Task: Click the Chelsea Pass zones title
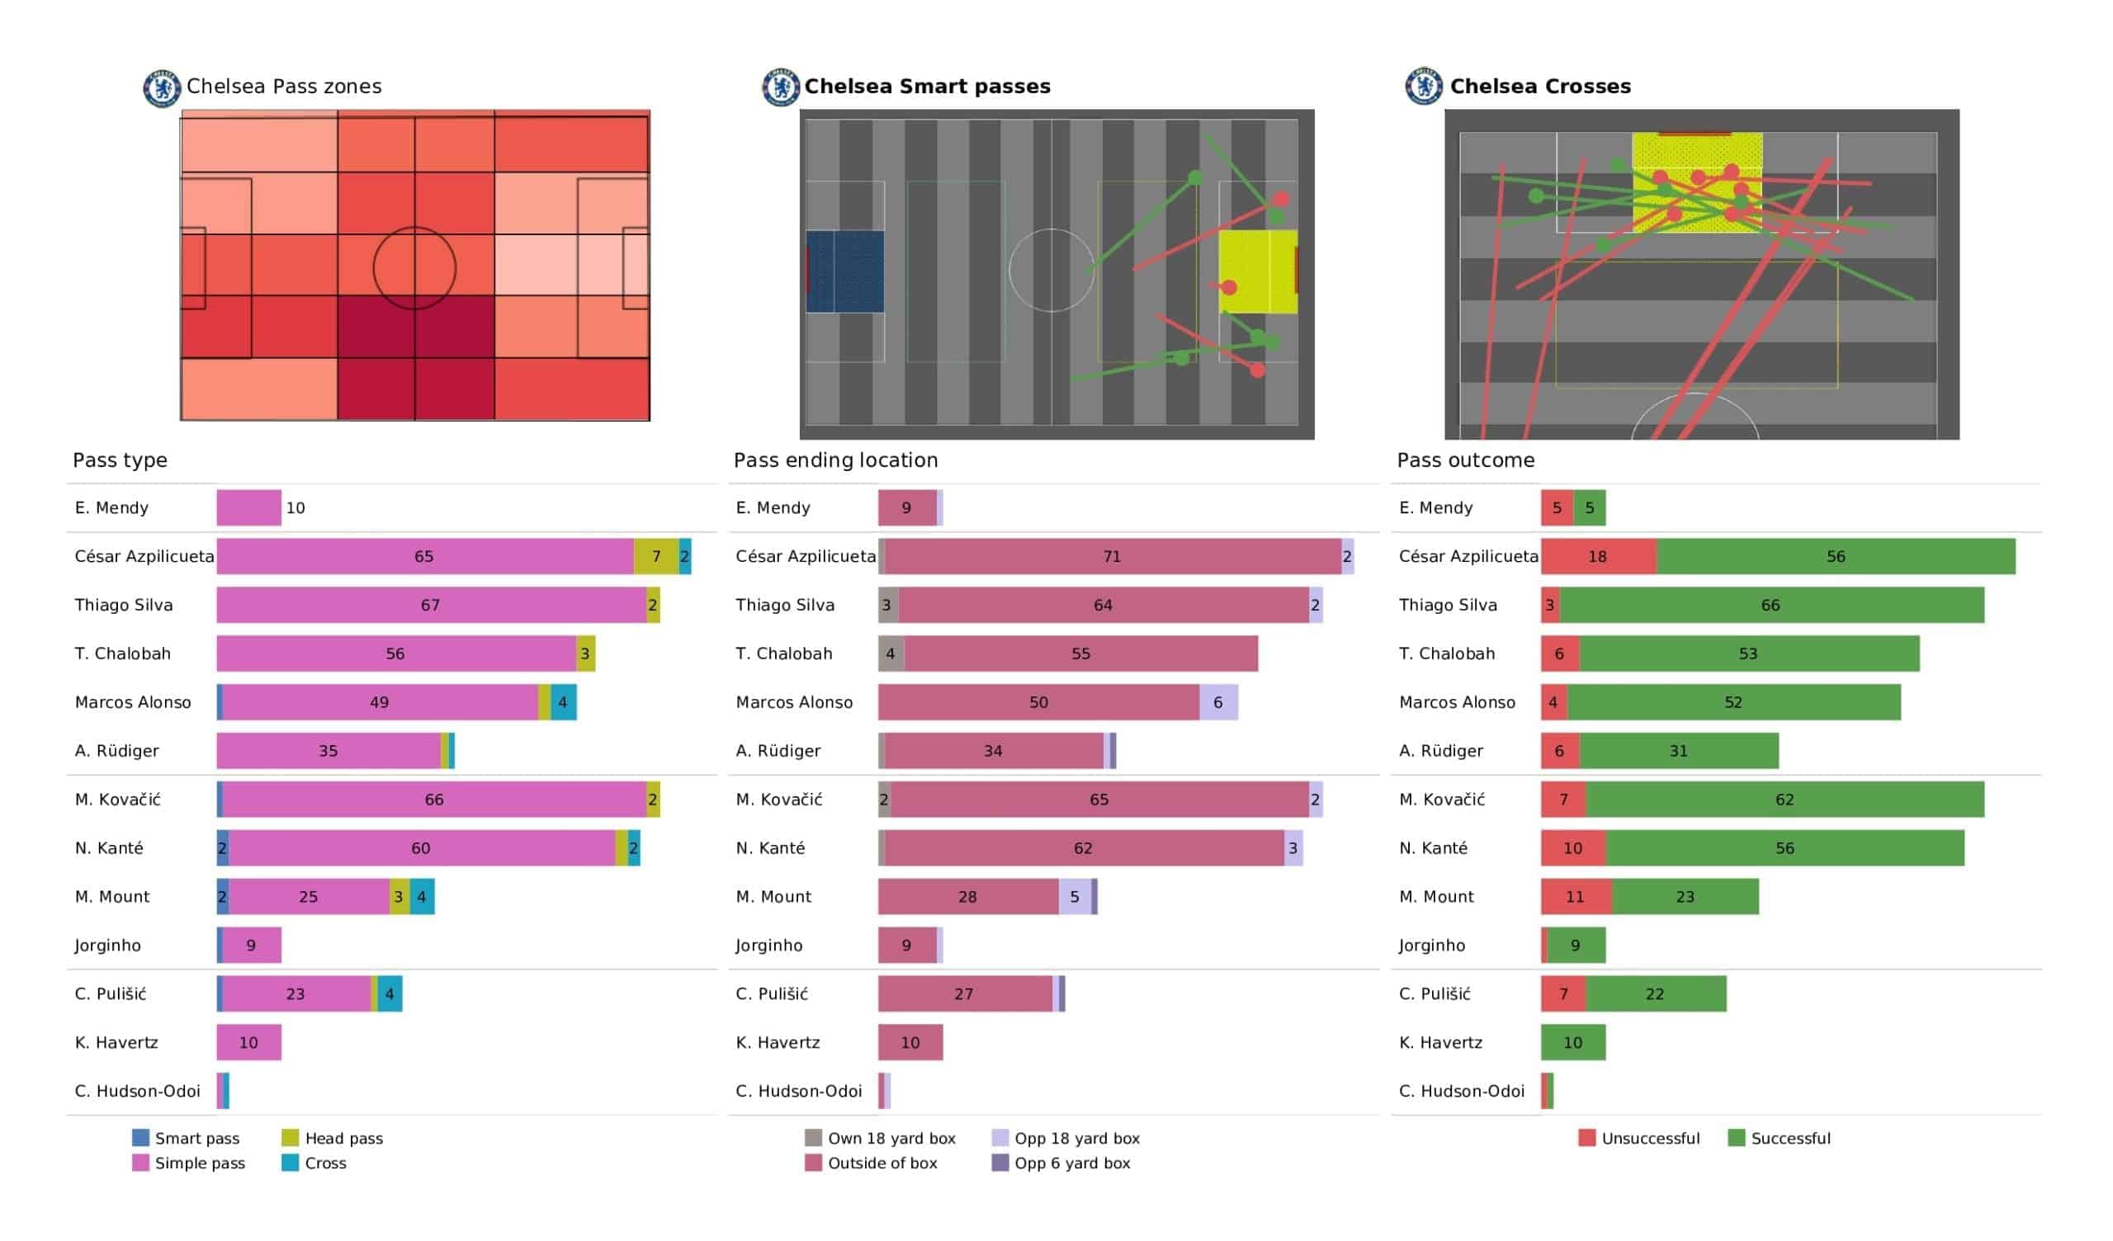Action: [283, 87]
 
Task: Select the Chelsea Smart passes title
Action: [927, 87]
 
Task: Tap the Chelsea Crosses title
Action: [1539, 87]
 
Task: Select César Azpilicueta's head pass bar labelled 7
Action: [655, 556]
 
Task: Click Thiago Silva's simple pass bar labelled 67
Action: [430, 605]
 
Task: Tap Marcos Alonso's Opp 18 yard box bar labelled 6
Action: [1217, 702]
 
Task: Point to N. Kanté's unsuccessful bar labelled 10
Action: [1573, 847]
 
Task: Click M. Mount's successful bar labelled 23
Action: [1685, 896]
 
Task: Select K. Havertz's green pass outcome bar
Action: [1573, 1042]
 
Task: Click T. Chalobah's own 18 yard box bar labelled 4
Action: [891, 654]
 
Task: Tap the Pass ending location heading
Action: [835, 460]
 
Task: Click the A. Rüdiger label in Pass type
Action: [116, 751]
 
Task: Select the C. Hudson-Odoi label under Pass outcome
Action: [1461, 1091]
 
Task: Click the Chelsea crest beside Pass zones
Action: [162, 88]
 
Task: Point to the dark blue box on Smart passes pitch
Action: [844, 271]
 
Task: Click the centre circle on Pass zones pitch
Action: [414, 268]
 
